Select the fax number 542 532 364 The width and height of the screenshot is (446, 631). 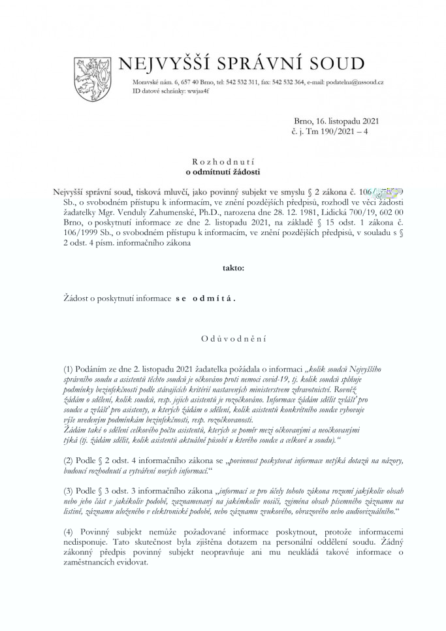coord(285,83)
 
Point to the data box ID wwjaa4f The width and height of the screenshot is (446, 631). coord(189,91)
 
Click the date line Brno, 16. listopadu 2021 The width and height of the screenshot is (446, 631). coord(337,121)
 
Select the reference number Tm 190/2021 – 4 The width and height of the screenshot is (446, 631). coord(342,131)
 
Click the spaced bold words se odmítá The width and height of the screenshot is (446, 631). coord(205,297)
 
